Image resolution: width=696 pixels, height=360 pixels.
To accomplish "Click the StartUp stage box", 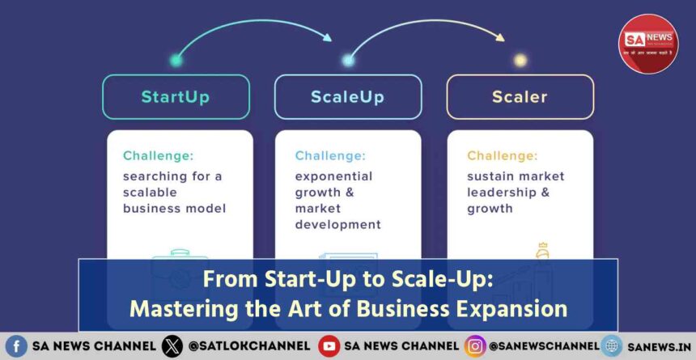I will tap(176, 97).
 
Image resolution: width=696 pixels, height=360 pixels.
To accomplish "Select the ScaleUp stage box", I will tap(347, 97).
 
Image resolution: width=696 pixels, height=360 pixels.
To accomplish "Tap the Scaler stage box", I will tap(520, 97).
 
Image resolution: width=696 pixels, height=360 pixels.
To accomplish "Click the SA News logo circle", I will tap(648, 44).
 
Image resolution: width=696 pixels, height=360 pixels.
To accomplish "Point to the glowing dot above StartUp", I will tap(176, 60).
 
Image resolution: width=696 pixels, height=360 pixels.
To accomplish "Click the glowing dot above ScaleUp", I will tap(348, 60).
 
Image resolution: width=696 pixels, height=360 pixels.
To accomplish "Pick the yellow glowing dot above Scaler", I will tap(520, 60).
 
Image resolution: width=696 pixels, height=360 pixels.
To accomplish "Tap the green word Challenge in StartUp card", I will tap(159, 155).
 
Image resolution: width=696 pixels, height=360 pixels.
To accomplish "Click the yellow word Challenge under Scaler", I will tap(503, 155).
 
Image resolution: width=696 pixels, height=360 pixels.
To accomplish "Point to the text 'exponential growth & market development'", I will tap(337, 200).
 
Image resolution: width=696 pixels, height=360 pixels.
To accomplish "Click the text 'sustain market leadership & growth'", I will tap(516, 192).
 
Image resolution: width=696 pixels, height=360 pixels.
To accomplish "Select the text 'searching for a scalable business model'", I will tap(174, 192).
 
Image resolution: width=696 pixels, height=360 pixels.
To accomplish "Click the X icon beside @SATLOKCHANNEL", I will tap(172, 345).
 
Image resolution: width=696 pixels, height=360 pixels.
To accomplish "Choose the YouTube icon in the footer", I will tap(329, 345).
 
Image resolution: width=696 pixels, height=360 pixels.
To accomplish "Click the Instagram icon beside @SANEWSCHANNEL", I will tap(475, 345).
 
